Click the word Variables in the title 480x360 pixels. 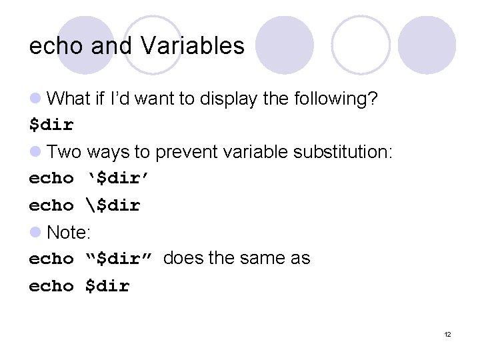(193, 46)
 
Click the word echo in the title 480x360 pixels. (55, 46)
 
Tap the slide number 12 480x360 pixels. (447, 334)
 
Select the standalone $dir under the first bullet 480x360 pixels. (51, 125)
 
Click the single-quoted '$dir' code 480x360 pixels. (119, 178)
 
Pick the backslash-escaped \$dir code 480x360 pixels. (113, 205)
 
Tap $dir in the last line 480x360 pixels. (107, 286)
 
